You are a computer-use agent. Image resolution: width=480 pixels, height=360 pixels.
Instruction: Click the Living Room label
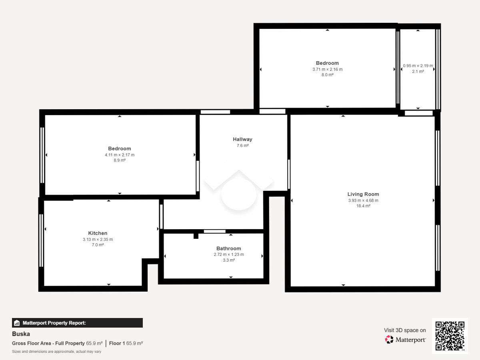tap(363, 194)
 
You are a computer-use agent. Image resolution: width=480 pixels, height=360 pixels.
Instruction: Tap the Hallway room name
tap(242, 139)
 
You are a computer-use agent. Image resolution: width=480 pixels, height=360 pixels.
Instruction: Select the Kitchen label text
tap(98, 233)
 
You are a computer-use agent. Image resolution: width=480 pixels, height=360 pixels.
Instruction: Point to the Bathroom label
tap(228, 248)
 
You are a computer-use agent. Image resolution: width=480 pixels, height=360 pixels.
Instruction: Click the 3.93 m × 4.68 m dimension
tap(363, 200)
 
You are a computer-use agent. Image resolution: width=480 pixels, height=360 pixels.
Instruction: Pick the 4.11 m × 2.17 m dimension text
tap(119, 155)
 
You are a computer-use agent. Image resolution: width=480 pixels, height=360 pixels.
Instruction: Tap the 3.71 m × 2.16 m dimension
tap(327, 69)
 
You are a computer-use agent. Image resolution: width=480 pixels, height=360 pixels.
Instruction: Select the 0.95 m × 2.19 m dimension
tap(418, 66)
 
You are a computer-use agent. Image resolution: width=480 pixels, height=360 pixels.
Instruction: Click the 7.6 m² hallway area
tap(242, 146)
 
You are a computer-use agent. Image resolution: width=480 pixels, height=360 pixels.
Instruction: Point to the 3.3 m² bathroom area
tap(229, 260)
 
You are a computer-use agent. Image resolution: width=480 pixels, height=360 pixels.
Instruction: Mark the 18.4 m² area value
tap(363, 206)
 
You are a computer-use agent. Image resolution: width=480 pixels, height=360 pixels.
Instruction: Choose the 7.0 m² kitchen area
tap(98, 245)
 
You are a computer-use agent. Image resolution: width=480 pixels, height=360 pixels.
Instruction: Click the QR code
tap(450, 336)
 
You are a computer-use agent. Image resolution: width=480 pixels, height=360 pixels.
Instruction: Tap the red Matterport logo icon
tap(389, 340)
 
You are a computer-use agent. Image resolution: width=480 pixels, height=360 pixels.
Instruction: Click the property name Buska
tap(21, 334)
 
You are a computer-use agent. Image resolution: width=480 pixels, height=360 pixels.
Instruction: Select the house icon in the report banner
tap(17, 323)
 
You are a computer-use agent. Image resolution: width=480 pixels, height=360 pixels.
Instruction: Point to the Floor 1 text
tap(117, 343)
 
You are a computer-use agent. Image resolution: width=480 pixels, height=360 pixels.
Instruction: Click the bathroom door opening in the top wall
tap(214, 231)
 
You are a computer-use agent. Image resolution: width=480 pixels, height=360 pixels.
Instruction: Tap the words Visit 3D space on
tap(405, 330)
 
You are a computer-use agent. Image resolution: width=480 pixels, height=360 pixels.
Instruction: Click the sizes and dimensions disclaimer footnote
tap(56, 352)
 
